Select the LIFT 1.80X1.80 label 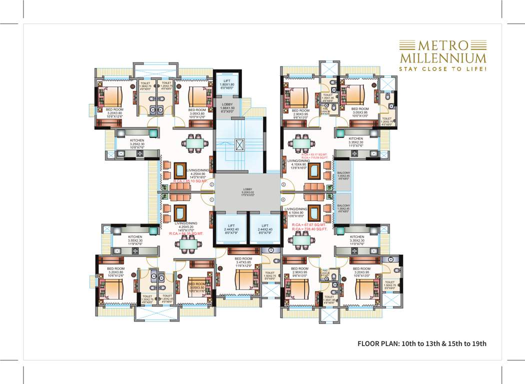click(x=227, y=82)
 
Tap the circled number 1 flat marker click(x=211, y=199)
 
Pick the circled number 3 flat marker click(x=283, y=185)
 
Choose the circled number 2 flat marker click(x=211, y=184)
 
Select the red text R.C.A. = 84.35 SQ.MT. click(x=186, y=233)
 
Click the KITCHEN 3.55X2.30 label click(x=135, y=238)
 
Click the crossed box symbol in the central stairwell click(x=241, y=145)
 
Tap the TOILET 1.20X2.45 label click(x=166, y=299)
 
